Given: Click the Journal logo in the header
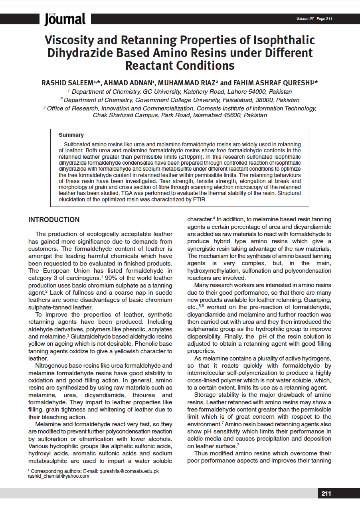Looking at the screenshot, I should (x=65, y=19).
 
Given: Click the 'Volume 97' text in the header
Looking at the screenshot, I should (x=305, y=19).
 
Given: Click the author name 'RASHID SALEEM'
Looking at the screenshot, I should (x=67, y=83).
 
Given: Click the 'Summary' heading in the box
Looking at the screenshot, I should (x=71, y=135).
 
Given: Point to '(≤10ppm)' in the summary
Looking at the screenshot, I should (x=189, y=157).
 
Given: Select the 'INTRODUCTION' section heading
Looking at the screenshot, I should (x=54, y=220).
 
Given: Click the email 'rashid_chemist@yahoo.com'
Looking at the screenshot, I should (x=59, y=476).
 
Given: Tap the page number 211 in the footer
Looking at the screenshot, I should (x=326, y=494).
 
